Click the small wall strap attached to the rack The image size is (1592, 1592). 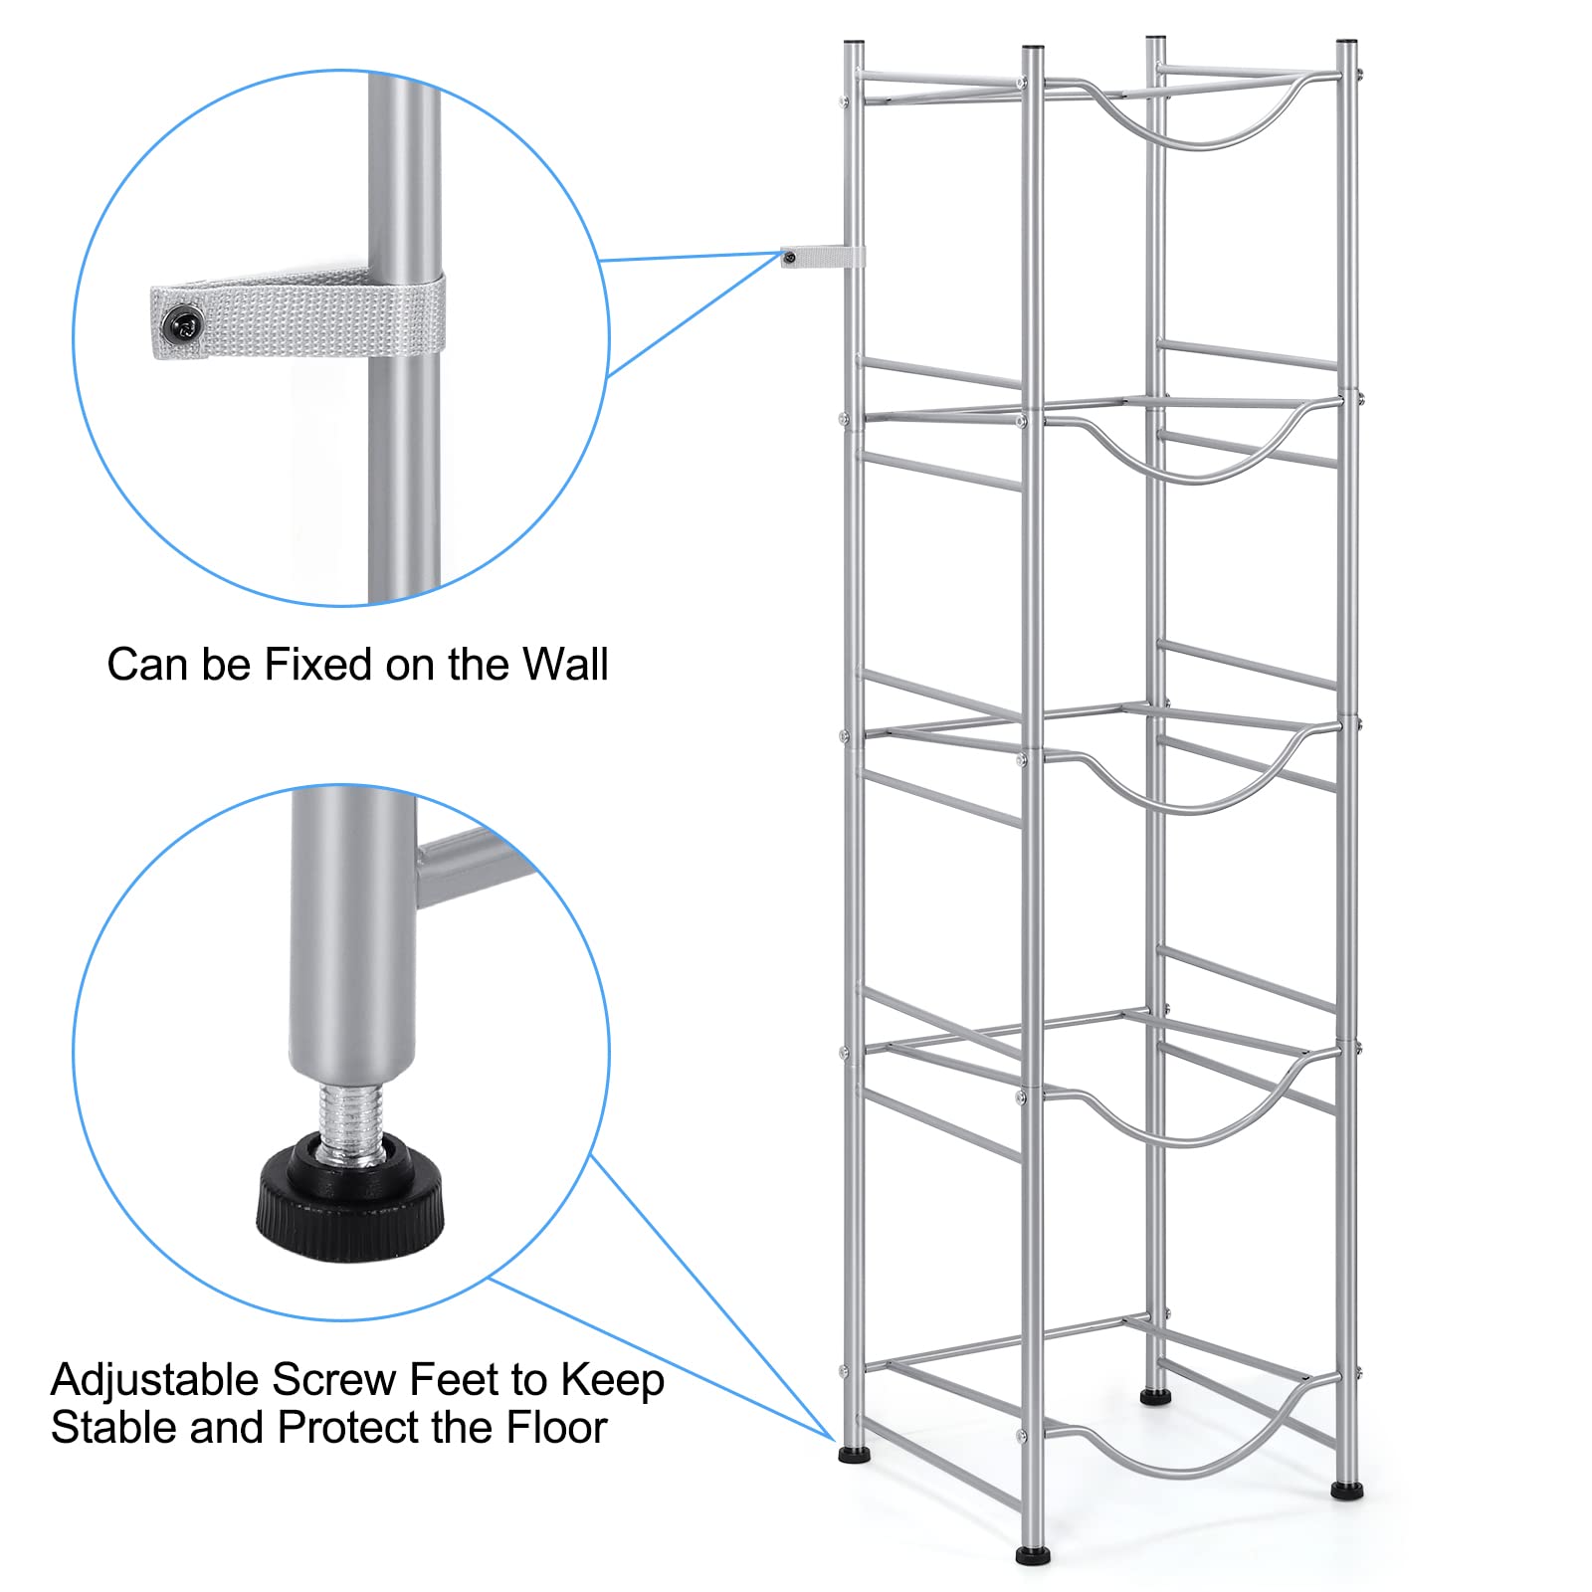click(821, 259)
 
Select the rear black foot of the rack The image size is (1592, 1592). click(1154, 1397)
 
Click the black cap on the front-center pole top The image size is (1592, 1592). click(1031, 48)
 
